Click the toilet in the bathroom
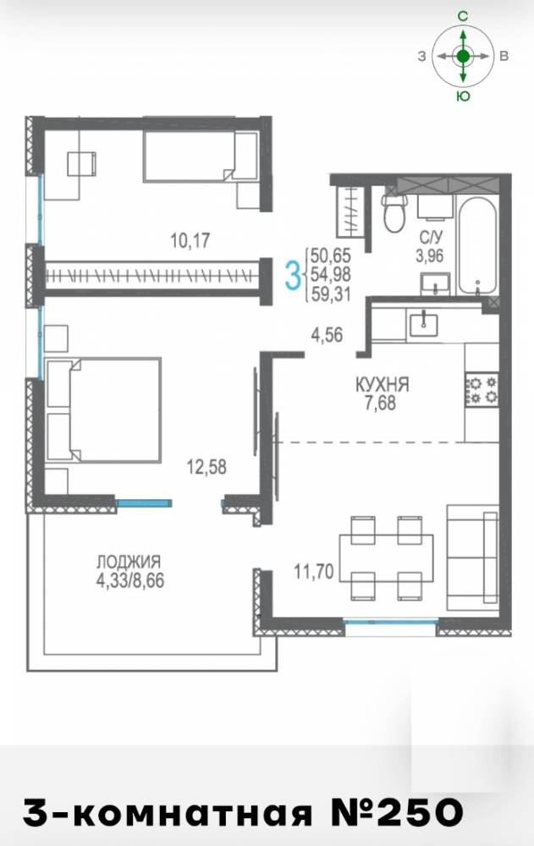(394, 212)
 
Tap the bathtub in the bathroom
(476, 245)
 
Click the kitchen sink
(424, 325)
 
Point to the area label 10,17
(190, 240)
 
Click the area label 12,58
(206, 467)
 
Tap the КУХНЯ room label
(382, 385)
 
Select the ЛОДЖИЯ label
(129, 561)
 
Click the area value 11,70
(314, 570)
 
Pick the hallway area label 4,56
(327, 335)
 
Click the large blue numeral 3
(292, 274)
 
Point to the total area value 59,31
(331, 294)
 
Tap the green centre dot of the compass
(463, 56)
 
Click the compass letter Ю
(463, 96)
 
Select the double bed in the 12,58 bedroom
(103, 410)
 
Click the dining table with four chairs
(386, 558)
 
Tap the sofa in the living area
(472, 558)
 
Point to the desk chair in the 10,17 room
(81, 163)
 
